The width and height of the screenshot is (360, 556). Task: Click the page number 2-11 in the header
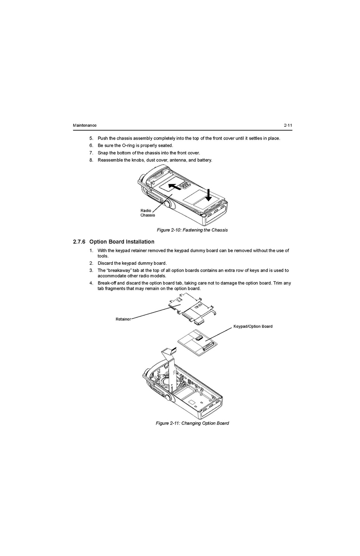(288, 125)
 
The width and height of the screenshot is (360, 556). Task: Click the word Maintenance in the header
(85, 125)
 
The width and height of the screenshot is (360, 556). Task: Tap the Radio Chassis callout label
(147, 213)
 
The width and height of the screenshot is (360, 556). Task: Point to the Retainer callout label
(123, 319)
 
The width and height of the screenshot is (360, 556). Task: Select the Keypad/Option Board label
(253, 326)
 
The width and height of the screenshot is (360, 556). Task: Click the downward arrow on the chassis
(208, 195)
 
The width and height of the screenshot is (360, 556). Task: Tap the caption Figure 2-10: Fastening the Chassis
(192, 230)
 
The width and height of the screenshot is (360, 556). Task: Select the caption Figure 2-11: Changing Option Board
(192, 423)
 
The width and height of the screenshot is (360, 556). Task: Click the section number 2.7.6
(79, 242)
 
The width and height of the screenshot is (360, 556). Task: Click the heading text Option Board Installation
(122, 242)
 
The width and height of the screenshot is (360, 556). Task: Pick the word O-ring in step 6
(128, 145)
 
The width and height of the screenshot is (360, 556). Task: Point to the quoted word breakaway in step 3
(117, 270)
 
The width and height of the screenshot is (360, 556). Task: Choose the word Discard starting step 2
(105, 263)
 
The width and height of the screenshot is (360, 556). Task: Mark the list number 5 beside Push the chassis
(91, 138)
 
